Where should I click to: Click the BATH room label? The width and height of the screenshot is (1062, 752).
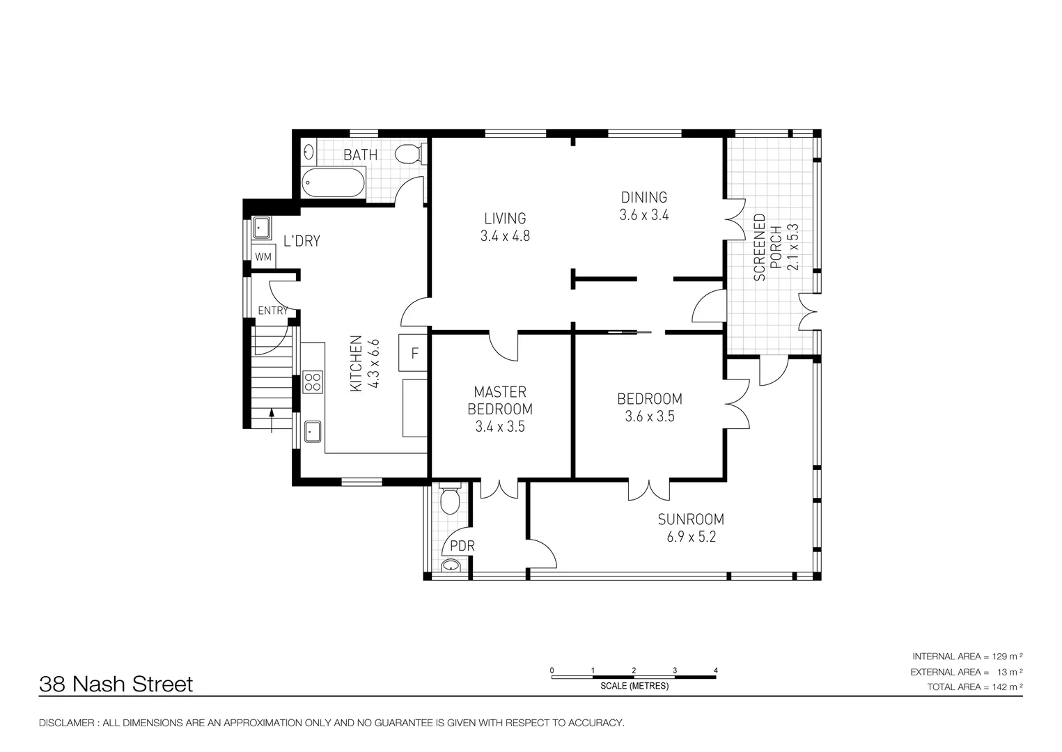[360, 155]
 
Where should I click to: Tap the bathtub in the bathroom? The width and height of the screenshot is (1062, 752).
[334, 182]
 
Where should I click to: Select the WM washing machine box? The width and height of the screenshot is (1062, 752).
[263, 256]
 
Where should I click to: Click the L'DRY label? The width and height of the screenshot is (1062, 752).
[302, 242]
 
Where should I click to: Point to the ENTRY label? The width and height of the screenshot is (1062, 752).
[272, 311]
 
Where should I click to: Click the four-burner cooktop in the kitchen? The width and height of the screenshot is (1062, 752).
[313, 383]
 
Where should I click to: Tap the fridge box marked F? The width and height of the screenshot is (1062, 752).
[414, 353]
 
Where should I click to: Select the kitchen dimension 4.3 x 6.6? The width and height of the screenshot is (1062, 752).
[373, 363]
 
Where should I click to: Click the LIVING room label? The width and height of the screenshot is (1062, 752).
[505, 219]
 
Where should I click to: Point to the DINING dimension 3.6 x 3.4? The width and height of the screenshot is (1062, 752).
[644, 215]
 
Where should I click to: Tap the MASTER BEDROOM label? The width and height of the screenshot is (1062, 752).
[500, 400]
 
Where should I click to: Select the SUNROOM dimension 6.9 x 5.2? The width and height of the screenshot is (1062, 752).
[691, 538]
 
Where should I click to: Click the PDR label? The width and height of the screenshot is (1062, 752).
[462, 546]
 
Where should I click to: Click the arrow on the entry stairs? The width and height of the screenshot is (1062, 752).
[272, 421]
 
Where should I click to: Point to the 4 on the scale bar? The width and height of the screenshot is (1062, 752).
[715, 671]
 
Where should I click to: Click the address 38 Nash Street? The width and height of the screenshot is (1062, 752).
[116, 684]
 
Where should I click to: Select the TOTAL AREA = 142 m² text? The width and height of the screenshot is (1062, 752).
[975, 687]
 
